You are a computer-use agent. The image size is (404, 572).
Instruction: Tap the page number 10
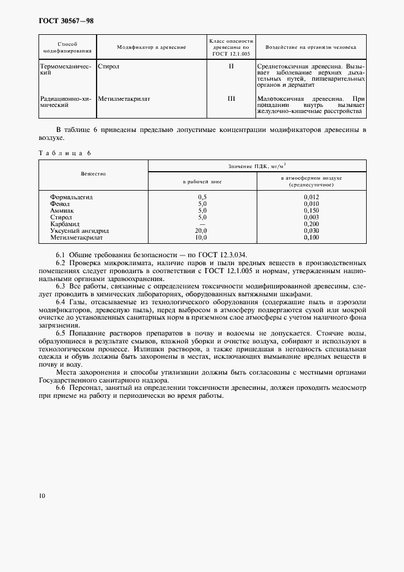point(42,496)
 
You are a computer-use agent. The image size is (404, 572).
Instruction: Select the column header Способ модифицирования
point(67,47)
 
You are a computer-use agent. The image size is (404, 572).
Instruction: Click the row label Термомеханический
point(67,69)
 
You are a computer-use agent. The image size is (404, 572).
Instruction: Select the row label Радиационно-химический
point(67,102)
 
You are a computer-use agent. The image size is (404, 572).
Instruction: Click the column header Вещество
point(94,174)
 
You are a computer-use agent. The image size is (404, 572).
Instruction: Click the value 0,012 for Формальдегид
point(311,197)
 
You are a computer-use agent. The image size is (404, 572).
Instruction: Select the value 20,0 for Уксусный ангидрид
point(202,230)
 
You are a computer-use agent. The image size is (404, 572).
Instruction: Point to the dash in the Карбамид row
point(202,224)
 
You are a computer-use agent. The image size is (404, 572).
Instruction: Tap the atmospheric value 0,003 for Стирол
point(311,217)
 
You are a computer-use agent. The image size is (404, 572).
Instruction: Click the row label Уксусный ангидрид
point(80,230)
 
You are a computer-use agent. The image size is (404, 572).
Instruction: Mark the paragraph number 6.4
point(61,302)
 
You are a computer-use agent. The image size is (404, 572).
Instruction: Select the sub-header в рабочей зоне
point(202,182)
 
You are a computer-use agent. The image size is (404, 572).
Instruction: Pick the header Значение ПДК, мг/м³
point(257,166)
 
